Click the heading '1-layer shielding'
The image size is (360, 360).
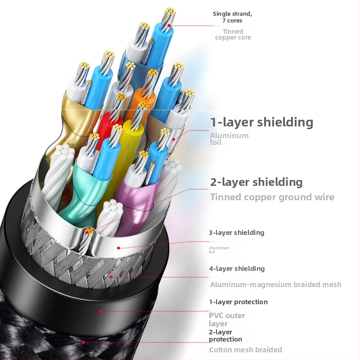tap(261, 122)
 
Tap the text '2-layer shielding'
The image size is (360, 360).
tap(256, 182)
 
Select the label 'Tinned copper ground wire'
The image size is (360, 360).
tap(272, 197)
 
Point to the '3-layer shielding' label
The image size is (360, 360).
tap(236, 233)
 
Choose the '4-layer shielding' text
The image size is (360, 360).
tap(237, 269)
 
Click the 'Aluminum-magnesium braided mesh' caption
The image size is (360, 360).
tap(275, 284)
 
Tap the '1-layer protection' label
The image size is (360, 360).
tap(238, 302)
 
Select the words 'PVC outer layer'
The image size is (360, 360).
tap(227, 319)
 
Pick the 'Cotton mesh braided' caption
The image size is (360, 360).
tap(245, 350)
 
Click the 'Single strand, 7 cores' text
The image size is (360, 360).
tap(232, 17)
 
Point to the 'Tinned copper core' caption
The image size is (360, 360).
tap(233, 34)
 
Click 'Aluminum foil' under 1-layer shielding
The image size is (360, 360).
tap(229, 139)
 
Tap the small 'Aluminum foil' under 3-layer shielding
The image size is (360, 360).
tap(219, 250)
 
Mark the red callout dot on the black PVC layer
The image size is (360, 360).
tap(100, 311)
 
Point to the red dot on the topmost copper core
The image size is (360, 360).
tap(169, 26)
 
